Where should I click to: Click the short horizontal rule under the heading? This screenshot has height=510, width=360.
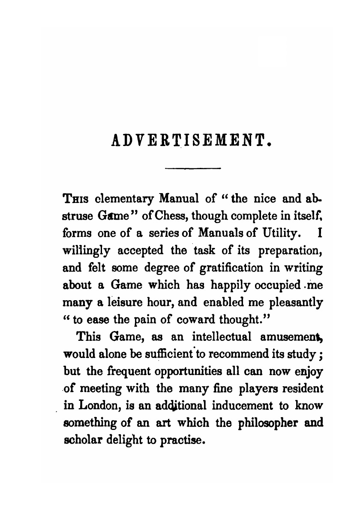pos(192,169)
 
